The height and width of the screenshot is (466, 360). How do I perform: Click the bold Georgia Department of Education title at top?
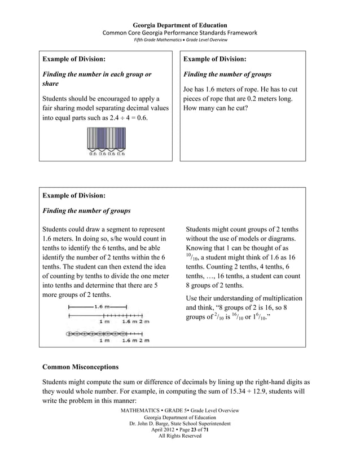[x=179, y=25]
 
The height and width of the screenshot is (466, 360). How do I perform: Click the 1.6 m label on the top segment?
[x=102, y=306]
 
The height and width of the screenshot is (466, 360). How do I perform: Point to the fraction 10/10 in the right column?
[x=192, y=257]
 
